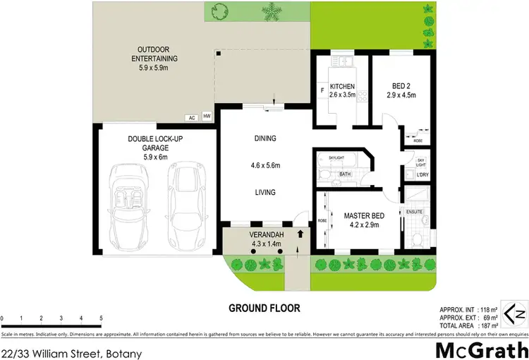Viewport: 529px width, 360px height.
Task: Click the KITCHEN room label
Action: tap(341, 87)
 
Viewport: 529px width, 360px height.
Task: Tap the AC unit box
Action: tap(191, 118)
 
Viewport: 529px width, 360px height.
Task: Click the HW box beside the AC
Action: tap(207, 116)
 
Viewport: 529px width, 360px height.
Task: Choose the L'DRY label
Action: tap(422, 174)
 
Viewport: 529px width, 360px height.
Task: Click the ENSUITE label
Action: tap(413, 211)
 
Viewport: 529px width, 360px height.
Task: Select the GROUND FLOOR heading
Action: tap(264, 308)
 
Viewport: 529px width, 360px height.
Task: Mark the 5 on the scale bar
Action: tap(102, 318)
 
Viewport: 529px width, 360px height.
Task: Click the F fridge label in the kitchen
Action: tap(322, 90)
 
